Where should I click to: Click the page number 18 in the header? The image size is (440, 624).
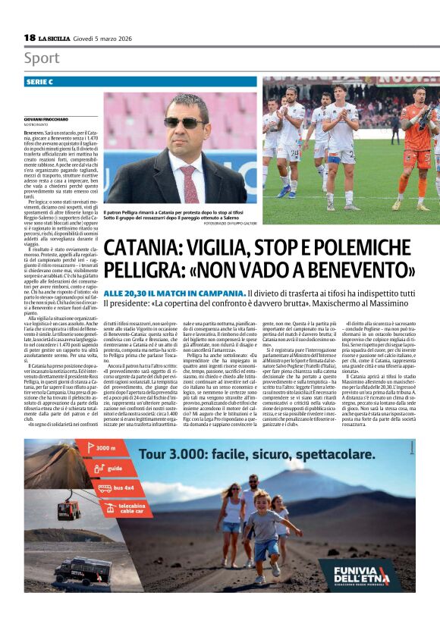[x=30, y=37]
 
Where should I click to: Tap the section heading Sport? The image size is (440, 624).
[x=42, y=58]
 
